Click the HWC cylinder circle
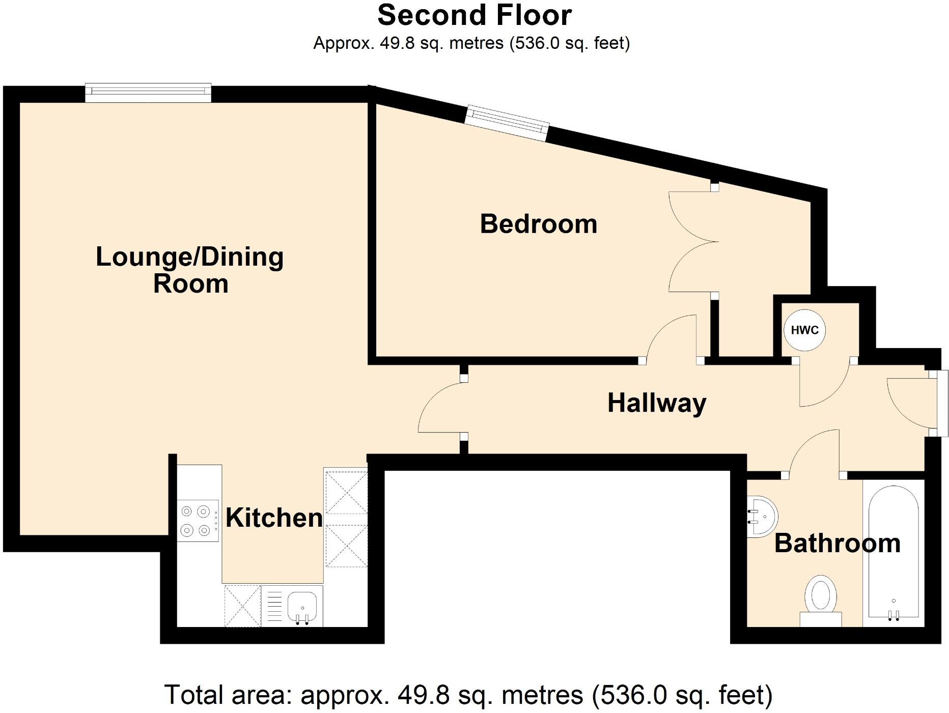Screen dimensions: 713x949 coord(804,330)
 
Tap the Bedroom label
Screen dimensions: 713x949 coord(538,224)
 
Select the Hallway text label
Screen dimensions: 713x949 coord(657,403)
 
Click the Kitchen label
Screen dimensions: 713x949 coord(274,518)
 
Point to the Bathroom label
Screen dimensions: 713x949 coord(837,543)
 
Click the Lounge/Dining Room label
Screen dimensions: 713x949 coord(190,270)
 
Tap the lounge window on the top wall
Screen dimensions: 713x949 coord(148,92)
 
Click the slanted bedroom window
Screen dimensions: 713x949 coord(508,122)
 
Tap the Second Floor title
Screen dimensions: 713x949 coord(474,15)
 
